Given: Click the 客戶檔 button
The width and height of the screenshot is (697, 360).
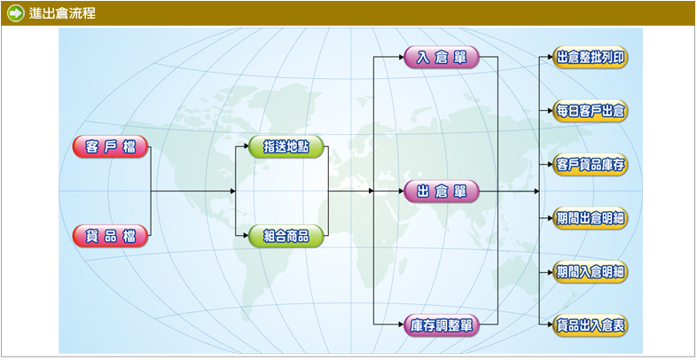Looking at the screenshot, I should click(x=110, y=147).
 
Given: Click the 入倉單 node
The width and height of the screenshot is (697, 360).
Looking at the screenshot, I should click(x=442, y=59).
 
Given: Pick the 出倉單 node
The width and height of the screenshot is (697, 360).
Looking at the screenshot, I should click(x=442, y=192).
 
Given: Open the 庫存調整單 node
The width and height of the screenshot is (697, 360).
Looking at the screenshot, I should click(x=442, y=325).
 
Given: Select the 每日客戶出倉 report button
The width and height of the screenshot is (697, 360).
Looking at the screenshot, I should click(x=591, y=112).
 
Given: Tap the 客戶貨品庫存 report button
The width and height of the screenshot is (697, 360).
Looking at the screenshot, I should click(x=591, y=165).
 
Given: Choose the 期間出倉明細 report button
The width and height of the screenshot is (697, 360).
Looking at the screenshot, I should click(x=591, y=218).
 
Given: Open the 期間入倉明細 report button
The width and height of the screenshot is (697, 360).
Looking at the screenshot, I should click(x=591, y=271).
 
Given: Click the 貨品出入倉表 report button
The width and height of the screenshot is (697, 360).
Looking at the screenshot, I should click(x=591, y=325).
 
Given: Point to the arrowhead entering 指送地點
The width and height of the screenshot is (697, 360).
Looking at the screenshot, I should click(x=245, y=147).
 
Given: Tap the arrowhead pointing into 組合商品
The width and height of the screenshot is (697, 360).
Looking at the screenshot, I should click(x=245, y=236).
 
